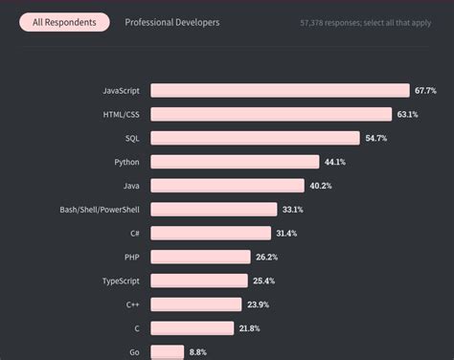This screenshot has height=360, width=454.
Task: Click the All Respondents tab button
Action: (64, 22)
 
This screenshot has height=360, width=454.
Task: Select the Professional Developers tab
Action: (171, 22)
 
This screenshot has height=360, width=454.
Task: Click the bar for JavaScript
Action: (280, 91)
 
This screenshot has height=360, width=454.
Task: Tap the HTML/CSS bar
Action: (271, 115)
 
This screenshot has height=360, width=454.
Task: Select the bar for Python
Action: (235, 162)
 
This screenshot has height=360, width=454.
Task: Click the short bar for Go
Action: (167, 351)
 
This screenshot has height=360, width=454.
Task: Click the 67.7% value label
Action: (425, 91)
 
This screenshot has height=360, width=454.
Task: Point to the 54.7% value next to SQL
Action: (375, 139)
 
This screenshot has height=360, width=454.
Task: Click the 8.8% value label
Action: (197, 351)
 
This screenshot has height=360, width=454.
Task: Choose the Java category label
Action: (130, 186)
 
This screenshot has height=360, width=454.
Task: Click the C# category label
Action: (134, 233)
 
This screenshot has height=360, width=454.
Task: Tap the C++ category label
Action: (132, 304)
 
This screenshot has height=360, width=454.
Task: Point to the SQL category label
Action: (131, 139)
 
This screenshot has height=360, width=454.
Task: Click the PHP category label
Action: (131, 257)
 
